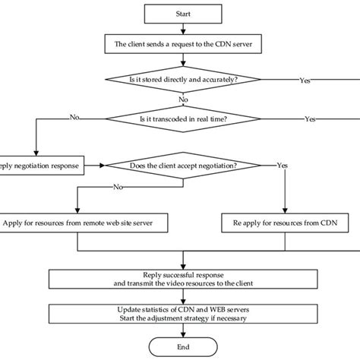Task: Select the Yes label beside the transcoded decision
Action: click(311, 119)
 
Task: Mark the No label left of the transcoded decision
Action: click(74, 118)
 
